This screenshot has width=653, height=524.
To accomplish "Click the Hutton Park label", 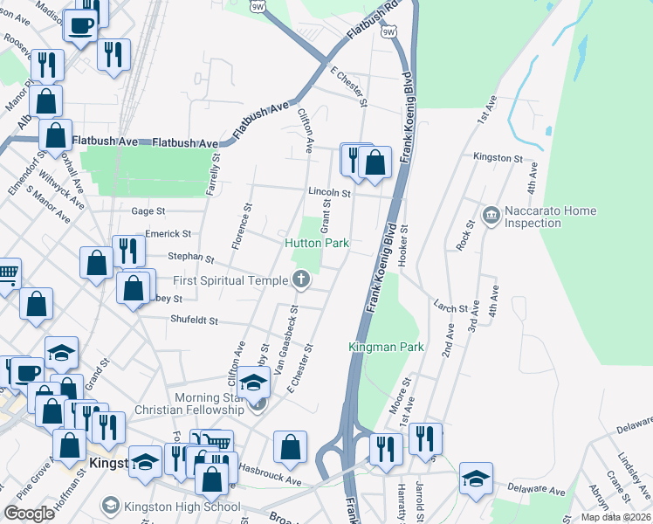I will [x=318, y=242].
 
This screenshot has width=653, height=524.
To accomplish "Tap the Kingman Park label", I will [x=386, y=347].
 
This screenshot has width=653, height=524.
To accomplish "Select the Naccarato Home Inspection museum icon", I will [x=491, y=214].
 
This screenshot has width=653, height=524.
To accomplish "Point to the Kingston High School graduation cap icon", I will [x=110, y=506].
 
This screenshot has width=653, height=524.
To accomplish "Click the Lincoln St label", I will [x=328, y=193].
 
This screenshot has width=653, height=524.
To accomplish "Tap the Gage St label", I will [x=148, y=211].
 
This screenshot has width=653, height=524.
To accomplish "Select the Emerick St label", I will [x=168, y=234].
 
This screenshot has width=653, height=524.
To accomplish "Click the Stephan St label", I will [x=191, y=258].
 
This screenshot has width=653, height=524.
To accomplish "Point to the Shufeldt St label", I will [x=194, y=321].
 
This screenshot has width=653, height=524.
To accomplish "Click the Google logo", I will [x=29, y=514].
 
